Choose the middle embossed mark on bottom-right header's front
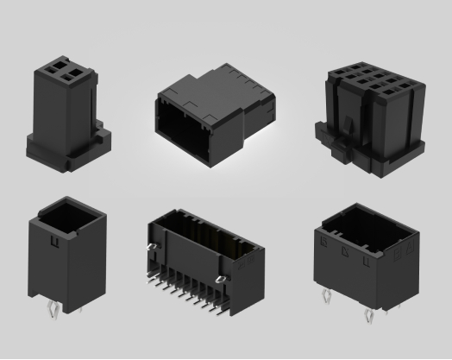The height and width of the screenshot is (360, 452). [344, 251]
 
